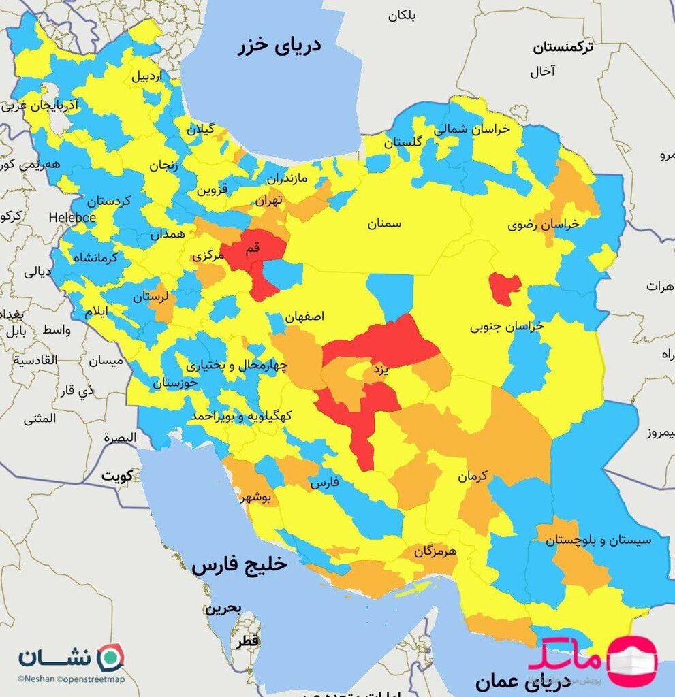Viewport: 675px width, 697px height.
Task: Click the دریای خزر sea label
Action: coord(279,47)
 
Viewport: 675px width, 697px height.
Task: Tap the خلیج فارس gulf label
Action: coord(240,565)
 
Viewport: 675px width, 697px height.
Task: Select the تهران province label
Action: coord(268,201)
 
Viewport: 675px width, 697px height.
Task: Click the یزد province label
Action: coord(379,370)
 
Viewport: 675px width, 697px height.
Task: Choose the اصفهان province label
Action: coord(304,317)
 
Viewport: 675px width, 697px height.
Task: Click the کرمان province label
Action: coord(473,477)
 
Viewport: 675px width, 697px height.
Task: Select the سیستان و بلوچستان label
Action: coord(599,540)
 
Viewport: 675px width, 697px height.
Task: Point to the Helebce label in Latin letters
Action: coord(72,218)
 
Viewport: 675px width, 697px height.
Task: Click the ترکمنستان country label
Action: coord(563,48)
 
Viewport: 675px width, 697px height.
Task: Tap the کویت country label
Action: coord(117,476)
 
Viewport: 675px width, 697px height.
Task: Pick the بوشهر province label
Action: coord(255,498)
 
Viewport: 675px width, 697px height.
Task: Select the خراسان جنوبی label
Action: coord(507,327)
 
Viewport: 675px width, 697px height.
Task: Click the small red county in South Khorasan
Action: coord(505,289)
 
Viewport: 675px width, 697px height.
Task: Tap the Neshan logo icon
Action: coord(110,657)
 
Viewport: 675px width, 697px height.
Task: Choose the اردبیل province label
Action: coord(147,76)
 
